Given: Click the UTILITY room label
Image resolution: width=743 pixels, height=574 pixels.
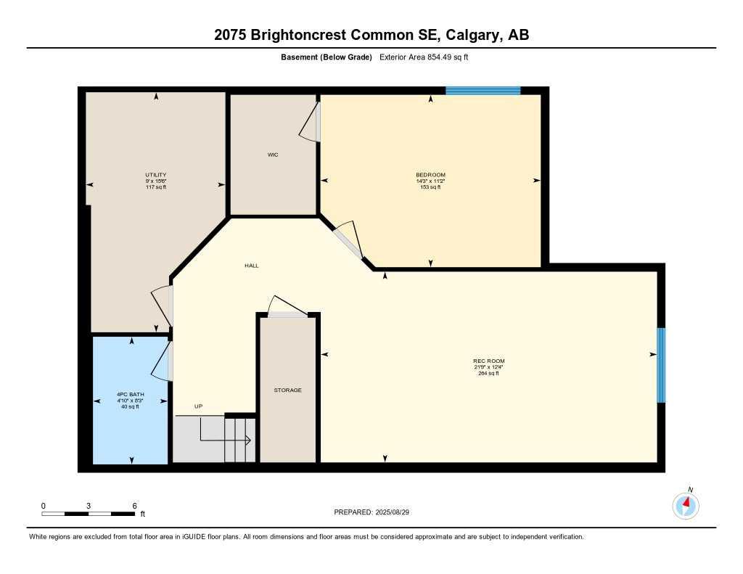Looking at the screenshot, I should tap(155, 175).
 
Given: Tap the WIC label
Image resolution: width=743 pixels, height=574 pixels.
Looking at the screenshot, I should tap(273, 155).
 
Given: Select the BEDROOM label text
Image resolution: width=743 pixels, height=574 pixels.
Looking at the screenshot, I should tap(430, 175).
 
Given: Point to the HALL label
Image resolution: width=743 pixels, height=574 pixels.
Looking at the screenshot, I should tap(252, 266).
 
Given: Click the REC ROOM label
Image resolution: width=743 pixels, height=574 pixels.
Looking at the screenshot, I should tap(488, 361).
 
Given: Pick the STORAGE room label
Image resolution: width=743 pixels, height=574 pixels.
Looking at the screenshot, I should tap(287, 390).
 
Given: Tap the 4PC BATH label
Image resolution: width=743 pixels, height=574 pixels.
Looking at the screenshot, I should tap(131, 395).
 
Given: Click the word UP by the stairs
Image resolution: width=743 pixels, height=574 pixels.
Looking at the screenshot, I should tap(198, 406).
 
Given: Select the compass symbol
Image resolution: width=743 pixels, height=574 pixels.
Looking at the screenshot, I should tap(686, 505).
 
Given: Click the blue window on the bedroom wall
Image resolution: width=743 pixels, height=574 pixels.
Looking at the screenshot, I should tap(483, 91).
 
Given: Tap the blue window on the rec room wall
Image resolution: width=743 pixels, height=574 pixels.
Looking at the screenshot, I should tap(661, 365).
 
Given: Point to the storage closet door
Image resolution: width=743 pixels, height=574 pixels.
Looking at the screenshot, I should tap(287, 313).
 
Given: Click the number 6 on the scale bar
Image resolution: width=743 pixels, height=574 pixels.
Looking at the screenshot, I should tap(135, 505).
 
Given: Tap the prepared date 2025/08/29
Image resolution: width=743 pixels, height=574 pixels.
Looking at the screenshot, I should tap(398, 512).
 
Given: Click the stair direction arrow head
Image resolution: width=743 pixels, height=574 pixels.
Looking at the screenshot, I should tap(247, 440).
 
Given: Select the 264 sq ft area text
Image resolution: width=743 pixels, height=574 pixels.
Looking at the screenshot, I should tap(488, 373).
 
